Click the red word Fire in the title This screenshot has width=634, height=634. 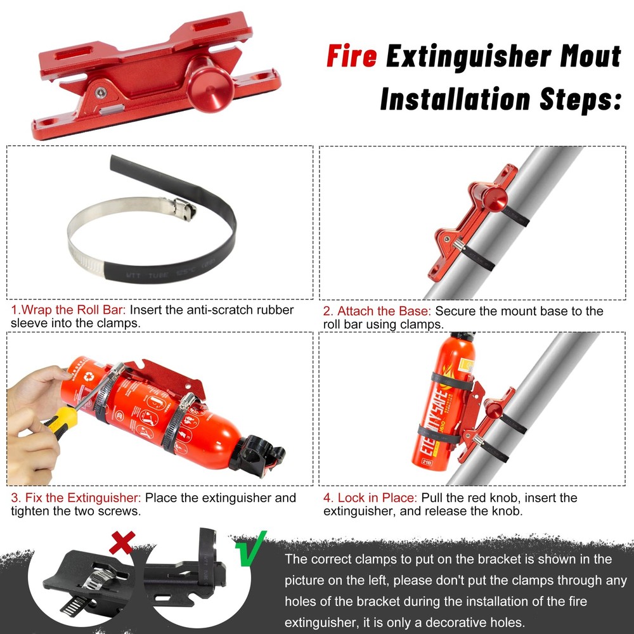pos(351,56)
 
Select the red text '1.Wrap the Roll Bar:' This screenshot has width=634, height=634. pos(69,311)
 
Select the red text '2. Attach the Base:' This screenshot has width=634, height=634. pos(377,311)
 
